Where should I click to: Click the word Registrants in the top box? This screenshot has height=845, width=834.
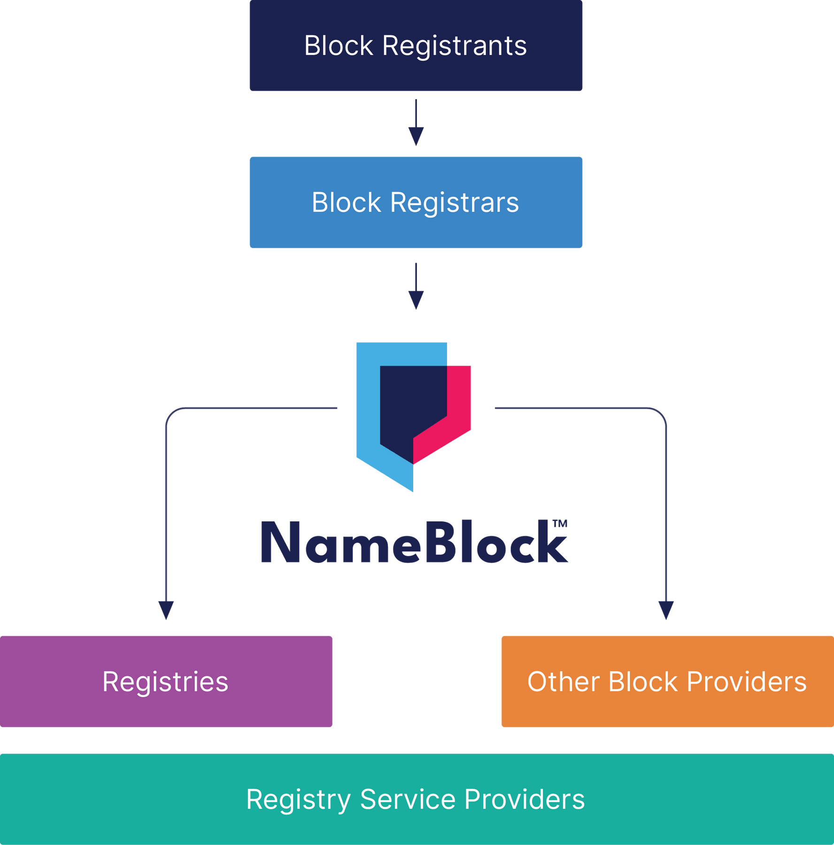(454, 46)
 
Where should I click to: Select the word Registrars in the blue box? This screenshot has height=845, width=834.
(454, 203)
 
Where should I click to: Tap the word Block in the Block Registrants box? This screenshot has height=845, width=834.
(339, 46)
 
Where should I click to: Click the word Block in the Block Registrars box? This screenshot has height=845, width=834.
(346, 203)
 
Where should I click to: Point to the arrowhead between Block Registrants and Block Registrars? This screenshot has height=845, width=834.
(416, 136)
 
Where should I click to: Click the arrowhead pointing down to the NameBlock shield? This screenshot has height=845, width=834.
(416, 300)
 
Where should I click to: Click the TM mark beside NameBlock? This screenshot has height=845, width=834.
(560, 524)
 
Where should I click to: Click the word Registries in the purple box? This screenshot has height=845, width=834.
(165, 682)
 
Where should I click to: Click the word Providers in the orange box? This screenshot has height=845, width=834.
(746, 682)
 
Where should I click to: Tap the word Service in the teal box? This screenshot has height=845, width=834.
(408, 799)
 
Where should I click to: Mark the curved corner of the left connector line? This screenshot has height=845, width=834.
(171, 413)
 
